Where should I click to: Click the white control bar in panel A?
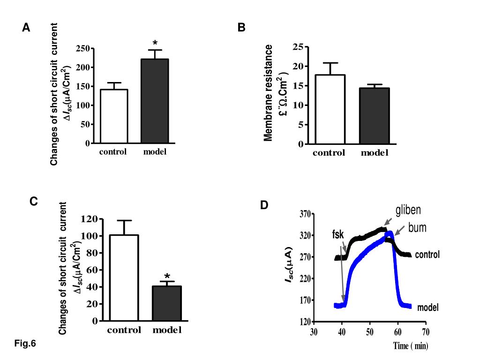[114, 116]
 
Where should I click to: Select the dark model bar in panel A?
[155, 101]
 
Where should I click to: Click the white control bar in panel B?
[330, 109]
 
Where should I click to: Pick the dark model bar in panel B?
[375, 116]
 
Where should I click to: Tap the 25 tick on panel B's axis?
[297, 46]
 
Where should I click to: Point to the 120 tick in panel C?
[89, 219]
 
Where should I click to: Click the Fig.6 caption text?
[25, 344]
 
